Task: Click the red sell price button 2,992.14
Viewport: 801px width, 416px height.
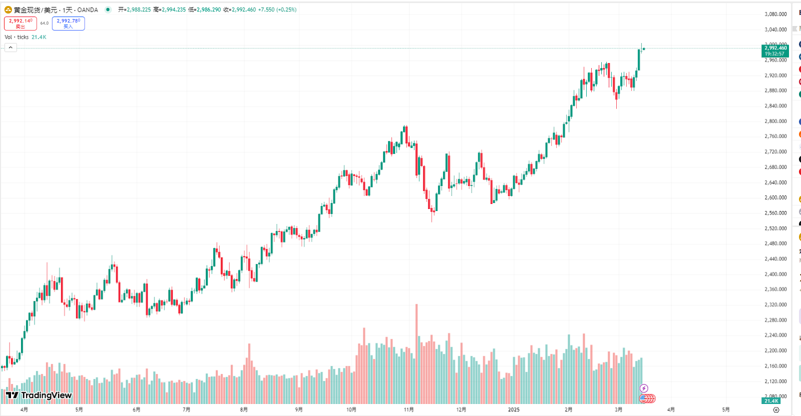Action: coord(21,24)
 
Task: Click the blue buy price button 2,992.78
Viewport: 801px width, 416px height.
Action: coord(68,24)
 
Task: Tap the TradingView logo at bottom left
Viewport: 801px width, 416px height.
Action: coord(39,395)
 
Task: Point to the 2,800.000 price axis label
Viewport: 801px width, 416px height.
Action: coord(775,121)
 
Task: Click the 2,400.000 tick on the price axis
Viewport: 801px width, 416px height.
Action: coord(775,274)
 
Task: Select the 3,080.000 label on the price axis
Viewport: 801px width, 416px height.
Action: coord(775,14)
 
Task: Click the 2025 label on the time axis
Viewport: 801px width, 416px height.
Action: coord(514,409)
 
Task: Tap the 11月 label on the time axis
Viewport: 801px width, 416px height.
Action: coord(409,409)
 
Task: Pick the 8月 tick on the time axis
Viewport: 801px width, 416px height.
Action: coord(244,409)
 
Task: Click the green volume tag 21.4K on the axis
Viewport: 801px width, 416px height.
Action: coord(771,401)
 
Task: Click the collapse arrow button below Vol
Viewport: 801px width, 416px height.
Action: coord(11,48)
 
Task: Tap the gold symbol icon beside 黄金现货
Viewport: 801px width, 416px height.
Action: coord(8,10)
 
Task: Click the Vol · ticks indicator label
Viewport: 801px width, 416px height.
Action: coord(17,37)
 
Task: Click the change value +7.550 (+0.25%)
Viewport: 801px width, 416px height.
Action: coord(277,10)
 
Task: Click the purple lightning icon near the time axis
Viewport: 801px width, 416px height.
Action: coord(644,388)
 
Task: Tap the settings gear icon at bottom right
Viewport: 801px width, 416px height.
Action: coord(776,409)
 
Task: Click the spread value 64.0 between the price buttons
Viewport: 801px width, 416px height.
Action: coord(45,23)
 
